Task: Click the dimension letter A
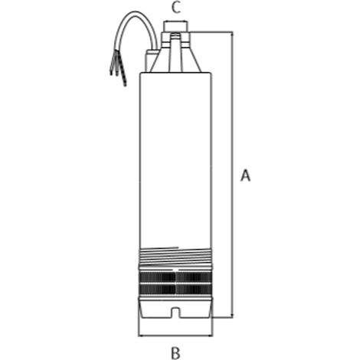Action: pos(245,175)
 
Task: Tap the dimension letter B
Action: pos(175,353)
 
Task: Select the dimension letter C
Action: pos(176,8)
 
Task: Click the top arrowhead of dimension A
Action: pos(232,34)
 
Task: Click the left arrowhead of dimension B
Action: pos(141,336)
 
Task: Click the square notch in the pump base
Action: pos(175,313)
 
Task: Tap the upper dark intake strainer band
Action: pos(175,277)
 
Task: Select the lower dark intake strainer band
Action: pos(175,289)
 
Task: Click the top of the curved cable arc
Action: pos(137,12)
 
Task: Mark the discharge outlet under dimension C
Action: pos(176,27)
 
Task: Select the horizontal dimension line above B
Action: pos(175,336)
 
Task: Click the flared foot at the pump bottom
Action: pos(175,308)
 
